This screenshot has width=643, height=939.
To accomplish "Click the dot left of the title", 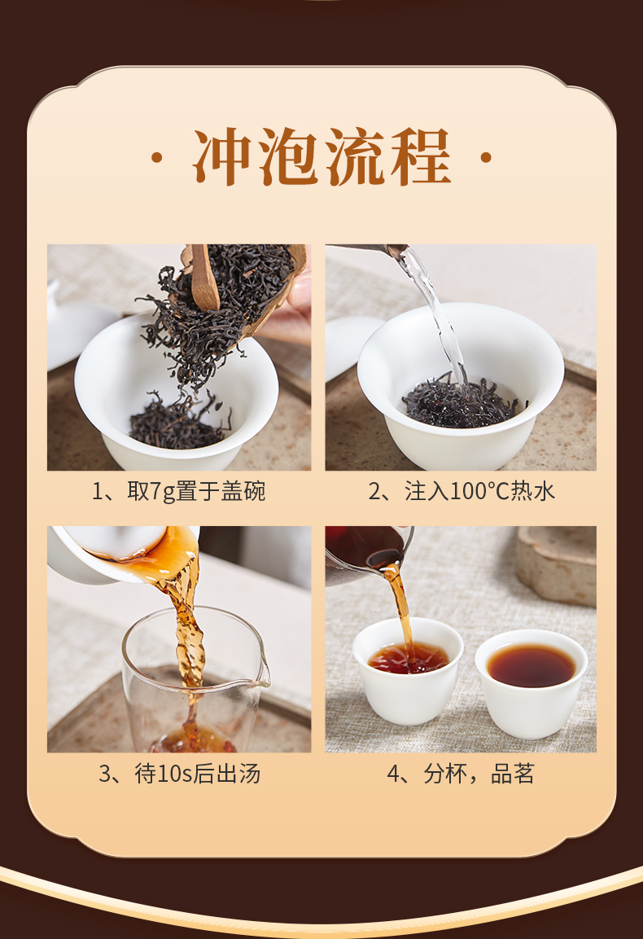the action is click(157, 158).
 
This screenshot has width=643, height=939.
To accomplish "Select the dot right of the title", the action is click(486, 158).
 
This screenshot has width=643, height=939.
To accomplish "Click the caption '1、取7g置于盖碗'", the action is click(178, 492).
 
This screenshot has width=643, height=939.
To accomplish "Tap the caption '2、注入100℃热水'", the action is click(461, 492).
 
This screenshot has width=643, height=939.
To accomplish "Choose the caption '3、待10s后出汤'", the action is click(179, 774).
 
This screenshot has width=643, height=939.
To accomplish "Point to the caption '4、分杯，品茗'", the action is click(461, 774).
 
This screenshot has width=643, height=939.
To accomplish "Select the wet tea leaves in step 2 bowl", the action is click(461, 402).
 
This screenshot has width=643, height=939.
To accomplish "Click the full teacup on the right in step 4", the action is click(531, 682).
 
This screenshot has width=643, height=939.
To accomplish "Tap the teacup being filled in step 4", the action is click(408, 671).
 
